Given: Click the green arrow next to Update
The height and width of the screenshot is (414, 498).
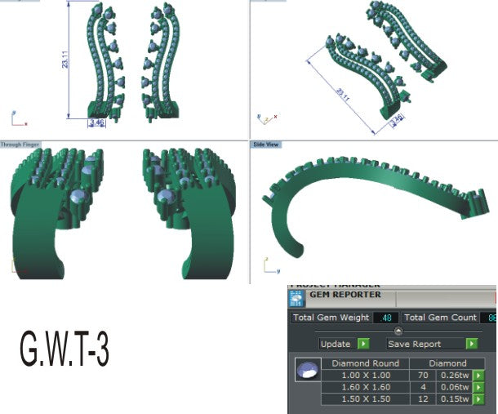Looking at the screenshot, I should point(363,344).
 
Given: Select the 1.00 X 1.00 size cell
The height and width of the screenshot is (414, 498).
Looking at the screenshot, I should point(365,375).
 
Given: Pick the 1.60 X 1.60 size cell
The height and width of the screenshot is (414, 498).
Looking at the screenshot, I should point(365,387).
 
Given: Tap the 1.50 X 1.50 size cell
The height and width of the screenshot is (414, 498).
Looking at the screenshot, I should point(365,399).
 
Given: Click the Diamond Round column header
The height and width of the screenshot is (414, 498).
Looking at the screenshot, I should point(365,363).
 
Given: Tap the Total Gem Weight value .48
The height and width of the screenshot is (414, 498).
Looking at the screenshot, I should point(385,318).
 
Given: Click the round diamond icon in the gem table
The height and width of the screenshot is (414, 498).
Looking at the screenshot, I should point(306,372).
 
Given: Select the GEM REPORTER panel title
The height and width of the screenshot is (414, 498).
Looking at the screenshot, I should point(345,295).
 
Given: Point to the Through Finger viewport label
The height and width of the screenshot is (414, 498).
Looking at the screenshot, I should point(21,145).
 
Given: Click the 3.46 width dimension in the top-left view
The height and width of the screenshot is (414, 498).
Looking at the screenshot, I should point(96,123).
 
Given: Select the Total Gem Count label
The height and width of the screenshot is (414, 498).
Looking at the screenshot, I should point(441,318).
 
